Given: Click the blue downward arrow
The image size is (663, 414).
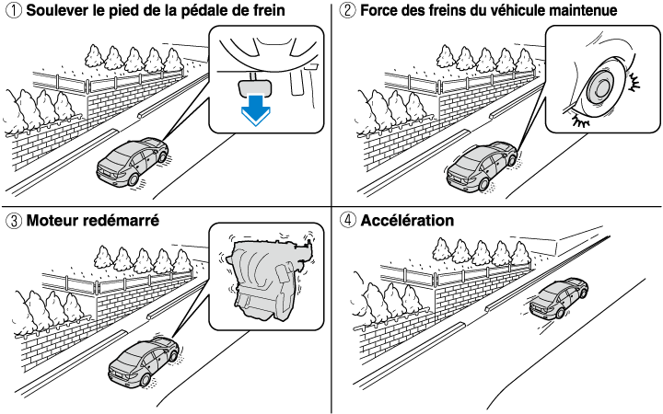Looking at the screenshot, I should pos(253,109).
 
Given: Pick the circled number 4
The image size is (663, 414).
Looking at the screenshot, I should pos(346,221).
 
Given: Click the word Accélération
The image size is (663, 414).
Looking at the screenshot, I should pos(408,221).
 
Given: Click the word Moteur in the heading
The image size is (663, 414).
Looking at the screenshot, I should pos(55,221).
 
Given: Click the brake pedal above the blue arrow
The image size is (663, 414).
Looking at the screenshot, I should pos(253,83).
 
